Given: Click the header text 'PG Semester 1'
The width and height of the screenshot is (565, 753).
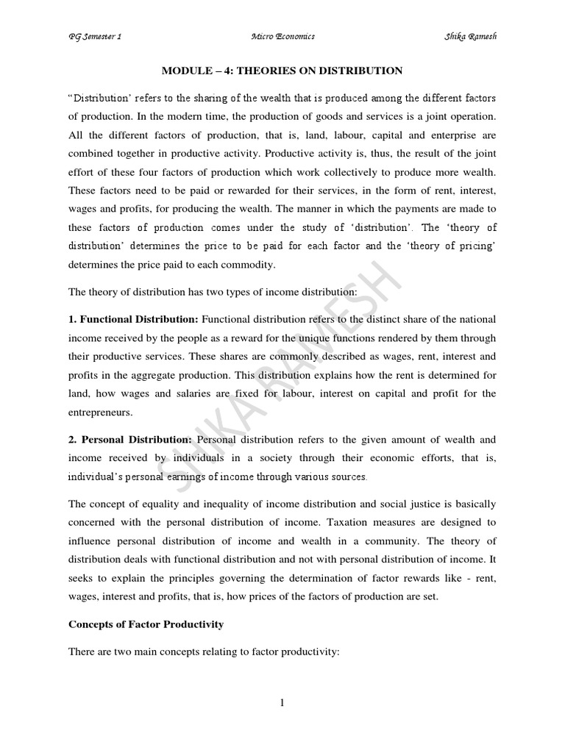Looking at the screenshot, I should tap(96, 37).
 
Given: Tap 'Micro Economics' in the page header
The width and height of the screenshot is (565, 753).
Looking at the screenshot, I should tap(282, 37).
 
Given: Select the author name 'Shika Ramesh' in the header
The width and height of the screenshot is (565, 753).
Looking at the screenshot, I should tap(470, 37).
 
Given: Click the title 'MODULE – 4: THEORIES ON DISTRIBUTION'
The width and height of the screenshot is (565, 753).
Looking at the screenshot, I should tap(282, 71).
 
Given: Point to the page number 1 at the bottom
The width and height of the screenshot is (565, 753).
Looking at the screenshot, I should tap(282, 703).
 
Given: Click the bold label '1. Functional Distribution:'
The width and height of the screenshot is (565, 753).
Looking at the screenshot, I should tap(133, 318).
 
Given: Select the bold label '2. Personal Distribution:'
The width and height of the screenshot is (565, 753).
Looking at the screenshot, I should tap(130, 439).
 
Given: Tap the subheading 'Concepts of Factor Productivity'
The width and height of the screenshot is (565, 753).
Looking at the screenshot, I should tap(146, 624).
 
